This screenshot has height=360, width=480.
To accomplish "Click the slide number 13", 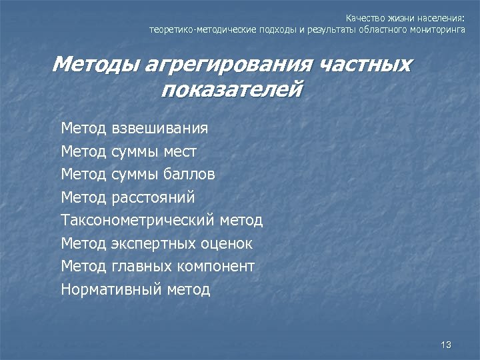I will pos(446,345).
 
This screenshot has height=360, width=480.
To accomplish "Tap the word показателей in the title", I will pos(231,89).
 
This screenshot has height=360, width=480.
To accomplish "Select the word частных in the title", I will pos(365,65).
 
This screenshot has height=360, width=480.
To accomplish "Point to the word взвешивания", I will pos(160,128).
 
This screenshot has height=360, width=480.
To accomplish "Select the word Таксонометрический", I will pos(137,220).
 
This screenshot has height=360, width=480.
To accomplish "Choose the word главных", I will pos(141,266).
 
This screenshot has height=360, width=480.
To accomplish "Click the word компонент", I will pos(216,266).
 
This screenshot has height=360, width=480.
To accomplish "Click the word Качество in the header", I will pos(362,18).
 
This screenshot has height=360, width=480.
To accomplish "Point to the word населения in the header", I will pos(438,18).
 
